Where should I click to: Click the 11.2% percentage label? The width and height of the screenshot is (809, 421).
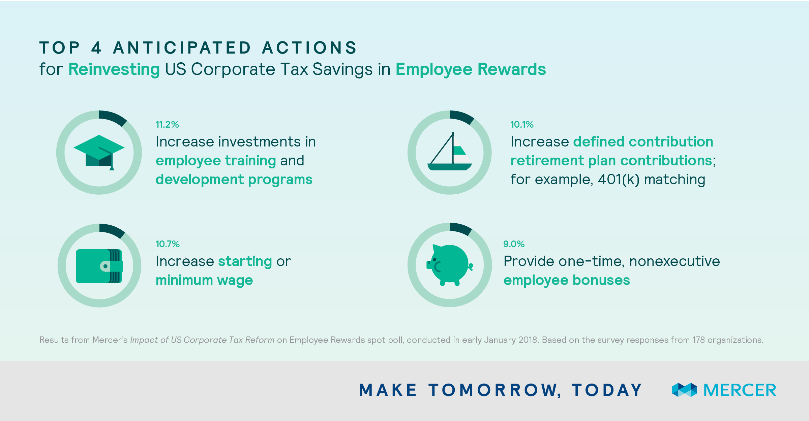click(167, 125)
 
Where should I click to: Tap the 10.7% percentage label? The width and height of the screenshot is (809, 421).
click(168, 244)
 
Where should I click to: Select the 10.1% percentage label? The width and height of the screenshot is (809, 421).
click(522, 125)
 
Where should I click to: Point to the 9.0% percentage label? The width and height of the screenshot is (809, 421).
click(514, 244)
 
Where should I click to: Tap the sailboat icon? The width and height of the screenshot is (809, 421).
click(450, 151)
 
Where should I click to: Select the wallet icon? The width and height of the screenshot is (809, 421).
click(99, 266)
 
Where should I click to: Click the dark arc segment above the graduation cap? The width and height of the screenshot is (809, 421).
click(114, 117)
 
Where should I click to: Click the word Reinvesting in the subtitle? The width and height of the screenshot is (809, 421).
click(114, 69)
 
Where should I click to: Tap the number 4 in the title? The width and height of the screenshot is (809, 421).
click(96, 47)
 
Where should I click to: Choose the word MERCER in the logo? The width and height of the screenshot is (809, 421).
click(740, 390)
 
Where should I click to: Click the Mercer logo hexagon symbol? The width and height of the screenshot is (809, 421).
click(684, 390)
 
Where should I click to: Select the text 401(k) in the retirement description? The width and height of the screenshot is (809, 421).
click(619, 180)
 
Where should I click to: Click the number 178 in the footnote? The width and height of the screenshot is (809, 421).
click(698, 340)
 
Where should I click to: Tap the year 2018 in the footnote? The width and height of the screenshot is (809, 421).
click(528, 340)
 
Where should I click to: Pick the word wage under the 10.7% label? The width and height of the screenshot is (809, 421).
click(235, 281)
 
